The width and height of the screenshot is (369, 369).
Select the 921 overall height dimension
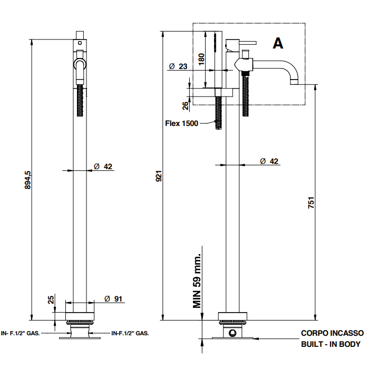(159, 177)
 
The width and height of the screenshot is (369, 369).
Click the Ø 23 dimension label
(178, 66)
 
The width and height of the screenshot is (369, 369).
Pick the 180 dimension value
(201, 59)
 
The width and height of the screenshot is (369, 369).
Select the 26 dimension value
(186, 105)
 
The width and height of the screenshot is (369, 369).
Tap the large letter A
(278, 43)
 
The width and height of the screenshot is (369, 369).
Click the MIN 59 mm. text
(197, 277)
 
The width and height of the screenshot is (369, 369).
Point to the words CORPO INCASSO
(332, 333)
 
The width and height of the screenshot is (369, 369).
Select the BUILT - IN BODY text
(331, 344)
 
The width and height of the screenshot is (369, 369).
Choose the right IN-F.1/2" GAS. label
(130, 333)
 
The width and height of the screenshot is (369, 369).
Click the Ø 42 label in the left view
(103, 167)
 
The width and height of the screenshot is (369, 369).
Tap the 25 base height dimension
(51, 299)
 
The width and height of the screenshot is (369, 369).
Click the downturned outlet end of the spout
(294, 82)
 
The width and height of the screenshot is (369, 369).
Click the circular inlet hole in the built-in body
(232, 333)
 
